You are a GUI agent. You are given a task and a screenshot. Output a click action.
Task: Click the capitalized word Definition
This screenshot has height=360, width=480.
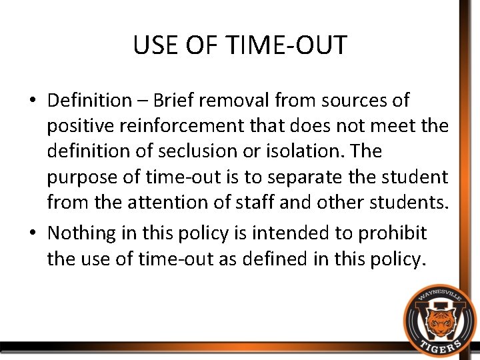pyautogui.click(x=89, y=101)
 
